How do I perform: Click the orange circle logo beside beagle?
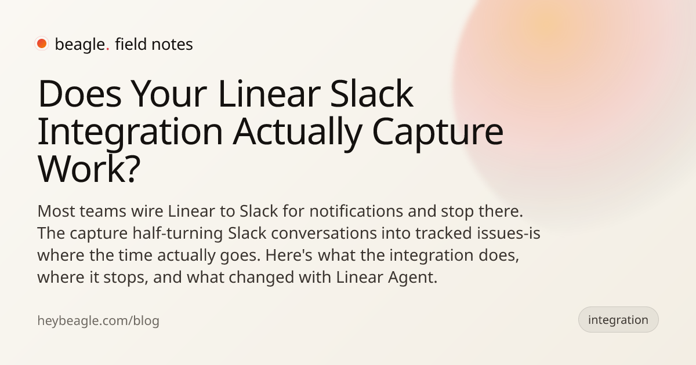coord(42,43)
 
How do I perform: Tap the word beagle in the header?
coord(80,45)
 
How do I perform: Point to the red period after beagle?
coord(108,49)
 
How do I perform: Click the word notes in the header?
coord(172,45)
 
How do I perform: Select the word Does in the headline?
coord(79,94)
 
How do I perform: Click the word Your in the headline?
coord(169,94)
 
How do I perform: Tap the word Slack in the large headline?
coord(372,93)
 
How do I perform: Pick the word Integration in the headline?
coord(130,132)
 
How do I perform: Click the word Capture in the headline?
coord(437,132)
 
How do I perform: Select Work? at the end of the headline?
coord(89,169)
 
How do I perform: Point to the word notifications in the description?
coord(356,211)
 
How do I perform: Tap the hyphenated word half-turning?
coord(177,233)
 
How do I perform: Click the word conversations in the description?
coord(324,233)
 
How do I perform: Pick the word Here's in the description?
coord(289,255)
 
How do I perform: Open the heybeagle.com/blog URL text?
coord(98,320)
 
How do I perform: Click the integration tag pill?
coord(618,320)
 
